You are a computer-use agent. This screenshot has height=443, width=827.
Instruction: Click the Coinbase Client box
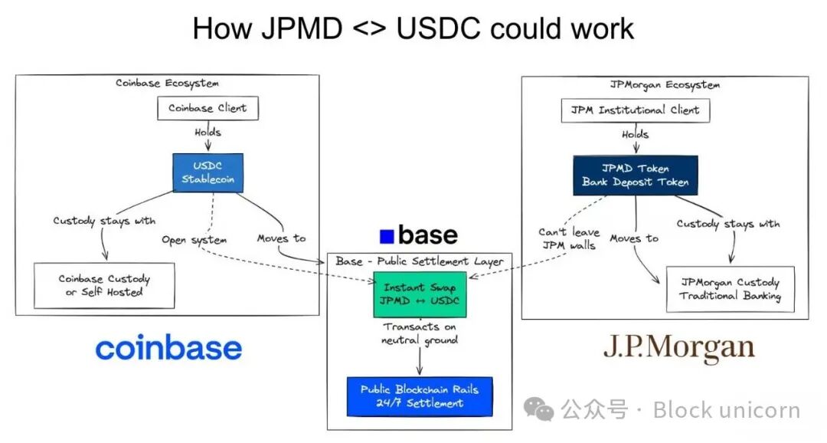pos(208,108)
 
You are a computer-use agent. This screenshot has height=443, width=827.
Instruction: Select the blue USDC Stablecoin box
pos(208,172)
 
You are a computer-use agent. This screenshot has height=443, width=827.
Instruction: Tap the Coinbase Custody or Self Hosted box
pos(104,285)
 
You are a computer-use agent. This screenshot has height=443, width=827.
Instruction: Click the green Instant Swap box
pos(420,294)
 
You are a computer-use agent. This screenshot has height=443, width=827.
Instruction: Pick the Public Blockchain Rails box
pos(420,396)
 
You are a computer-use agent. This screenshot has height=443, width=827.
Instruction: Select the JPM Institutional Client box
pos(635,110)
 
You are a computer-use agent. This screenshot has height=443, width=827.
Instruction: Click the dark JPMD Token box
pos(635,176)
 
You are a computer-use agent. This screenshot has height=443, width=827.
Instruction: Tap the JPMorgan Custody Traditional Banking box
pos(730,289)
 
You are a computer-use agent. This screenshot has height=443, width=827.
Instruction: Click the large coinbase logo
pos(168,349)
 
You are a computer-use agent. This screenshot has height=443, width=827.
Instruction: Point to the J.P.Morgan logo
pos(678,348)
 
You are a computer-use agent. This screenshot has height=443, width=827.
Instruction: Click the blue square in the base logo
pos(387,236)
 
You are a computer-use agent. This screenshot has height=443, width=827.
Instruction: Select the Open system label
pos(194,240)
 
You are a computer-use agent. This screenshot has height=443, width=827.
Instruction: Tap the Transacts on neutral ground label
pos(420,333)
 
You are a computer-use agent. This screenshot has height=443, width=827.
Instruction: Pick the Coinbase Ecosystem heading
pos(167,83)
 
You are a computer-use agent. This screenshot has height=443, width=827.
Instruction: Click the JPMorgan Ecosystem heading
pos(665,84)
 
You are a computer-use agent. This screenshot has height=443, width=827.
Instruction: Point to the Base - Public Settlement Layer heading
pos(420,261)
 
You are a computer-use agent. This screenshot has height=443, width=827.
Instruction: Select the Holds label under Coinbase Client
pos(208,133)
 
